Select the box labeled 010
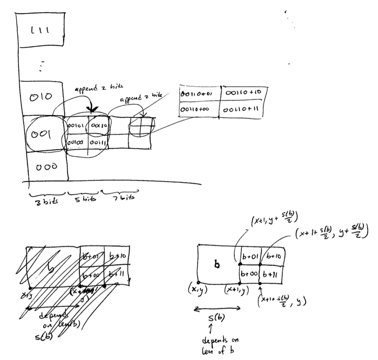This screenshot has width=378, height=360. [41, 98]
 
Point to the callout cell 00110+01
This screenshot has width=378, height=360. [199, 91]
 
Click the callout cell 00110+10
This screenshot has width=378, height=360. [243, 91]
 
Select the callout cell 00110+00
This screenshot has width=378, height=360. [199, 107]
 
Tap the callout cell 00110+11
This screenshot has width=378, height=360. [243, 107]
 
